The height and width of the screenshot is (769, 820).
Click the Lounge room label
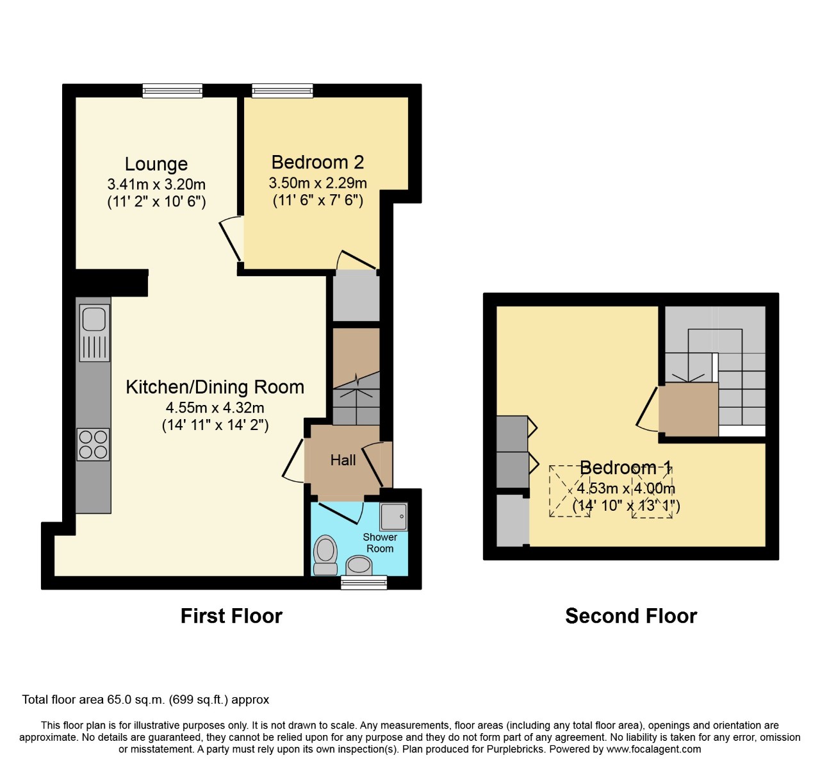coord(156,165)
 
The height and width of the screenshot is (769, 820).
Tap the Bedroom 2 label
coord(318,162)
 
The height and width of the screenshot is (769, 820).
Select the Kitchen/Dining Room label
coord(215,387)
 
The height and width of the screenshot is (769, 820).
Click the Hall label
coord(343,460)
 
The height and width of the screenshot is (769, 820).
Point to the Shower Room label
coord(380,543)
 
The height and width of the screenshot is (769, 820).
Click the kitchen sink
coord(94,319)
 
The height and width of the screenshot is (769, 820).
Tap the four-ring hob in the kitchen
coord(94,444)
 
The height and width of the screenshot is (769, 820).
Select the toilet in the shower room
coord(325,554)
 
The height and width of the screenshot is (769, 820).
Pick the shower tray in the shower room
coord(393,517)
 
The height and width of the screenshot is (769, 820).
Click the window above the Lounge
coord(172,91)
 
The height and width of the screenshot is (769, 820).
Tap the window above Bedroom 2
coord(283,91)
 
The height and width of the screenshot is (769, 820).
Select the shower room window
coord(364,582)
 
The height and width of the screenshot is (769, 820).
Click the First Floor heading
coord(231,616)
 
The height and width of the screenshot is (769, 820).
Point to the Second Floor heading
coord(631,616)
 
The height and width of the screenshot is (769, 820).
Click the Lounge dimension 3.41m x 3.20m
coord(156,185)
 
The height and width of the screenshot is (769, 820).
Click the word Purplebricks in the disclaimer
coord(512,749)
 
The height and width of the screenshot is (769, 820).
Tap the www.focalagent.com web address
coord(653,749)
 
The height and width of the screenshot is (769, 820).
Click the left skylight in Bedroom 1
coord(569,491)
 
